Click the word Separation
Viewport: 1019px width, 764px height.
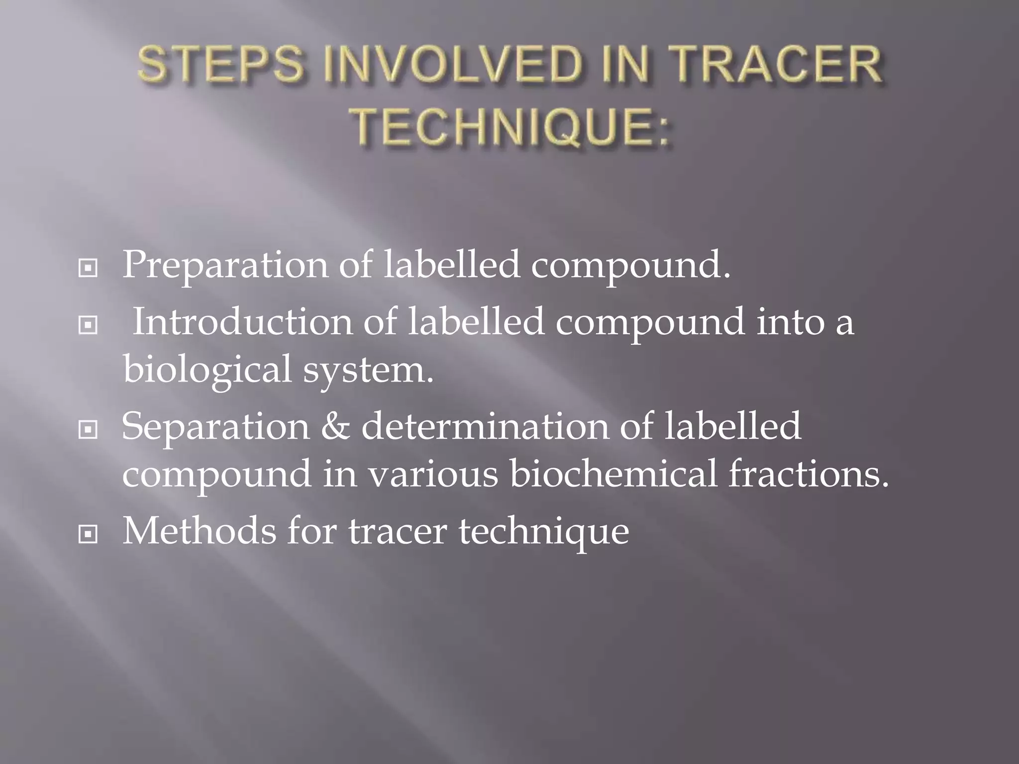pyautogui.click(x=215, y=427)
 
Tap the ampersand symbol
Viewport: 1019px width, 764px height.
pyautogui.click(x=335, y=427)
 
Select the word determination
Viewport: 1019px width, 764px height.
pyautogui.click(x=485, y=427)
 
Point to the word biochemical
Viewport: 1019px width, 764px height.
pyautogui.click(x=613, y=474)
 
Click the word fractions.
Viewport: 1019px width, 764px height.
pyautogui.click(x=809, y=474)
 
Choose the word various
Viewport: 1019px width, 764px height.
pyautogui.click(x=433, y=474)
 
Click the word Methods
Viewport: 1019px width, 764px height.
pyautogui.click(x=199, y=531)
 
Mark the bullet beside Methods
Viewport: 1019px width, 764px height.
pyautogui.click(x=88, y=535)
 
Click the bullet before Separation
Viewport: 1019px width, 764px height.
pyautogui.click(x=88, y=430)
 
